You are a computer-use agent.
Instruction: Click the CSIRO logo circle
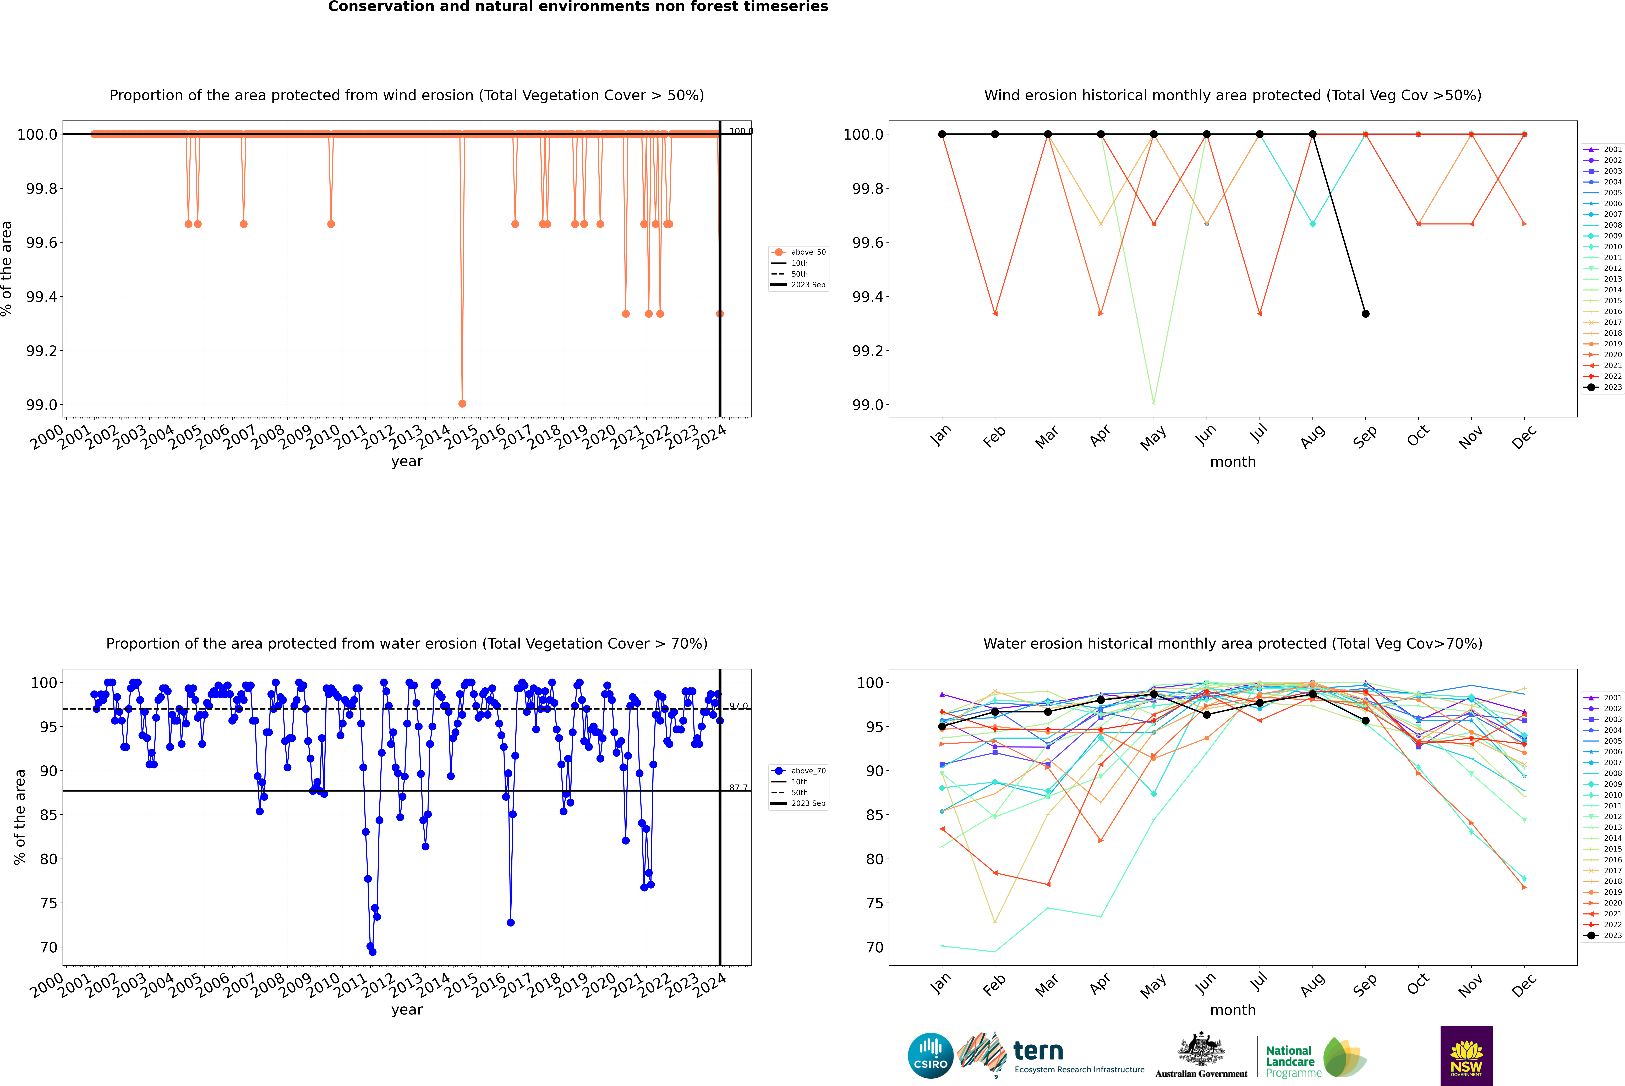point(930,1056)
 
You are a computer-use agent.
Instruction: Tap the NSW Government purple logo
point(1466,1056)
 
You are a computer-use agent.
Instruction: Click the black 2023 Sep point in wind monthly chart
point(1365,314)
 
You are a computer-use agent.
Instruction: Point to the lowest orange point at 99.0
point(462,403)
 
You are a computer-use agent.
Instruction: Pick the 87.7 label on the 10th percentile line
point(738,787)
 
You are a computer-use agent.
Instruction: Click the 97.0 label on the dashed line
point(738,706)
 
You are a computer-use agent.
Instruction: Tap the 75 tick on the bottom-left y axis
point(48,903)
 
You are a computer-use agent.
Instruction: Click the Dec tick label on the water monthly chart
point(1524,985)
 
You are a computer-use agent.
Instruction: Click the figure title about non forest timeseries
point(578,7)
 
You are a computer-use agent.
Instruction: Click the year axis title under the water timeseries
point(407,1010)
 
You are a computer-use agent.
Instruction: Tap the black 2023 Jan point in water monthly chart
point(942,727)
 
